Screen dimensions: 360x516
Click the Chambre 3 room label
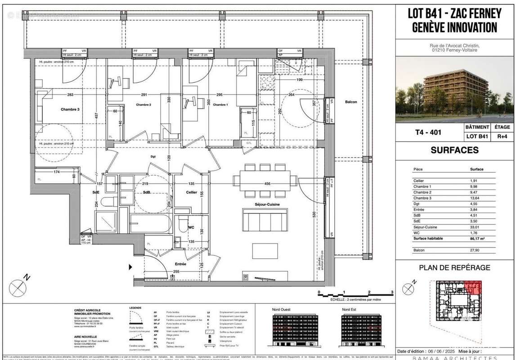(x=70, y=109)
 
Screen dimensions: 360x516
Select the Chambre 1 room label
(x=220, y=105)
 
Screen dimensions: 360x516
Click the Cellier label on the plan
(x=192, y=193)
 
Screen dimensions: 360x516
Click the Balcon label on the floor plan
(x=351, y=102)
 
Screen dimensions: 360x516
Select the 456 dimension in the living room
(x=267, y=184)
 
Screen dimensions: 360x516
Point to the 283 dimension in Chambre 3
(x=70, y=95)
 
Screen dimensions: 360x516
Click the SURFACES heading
(x=454, y=150)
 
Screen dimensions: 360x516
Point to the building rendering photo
(x=454, y=89)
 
